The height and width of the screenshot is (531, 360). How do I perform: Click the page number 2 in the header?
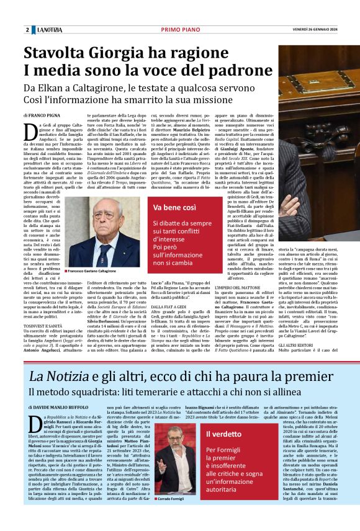pos(27,30)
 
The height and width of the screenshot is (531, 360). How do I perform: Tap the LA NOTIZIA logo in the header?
pos(49,30)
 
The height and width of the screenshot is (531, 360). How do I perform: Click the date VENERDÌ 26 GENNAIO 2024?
pos(325,30)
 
